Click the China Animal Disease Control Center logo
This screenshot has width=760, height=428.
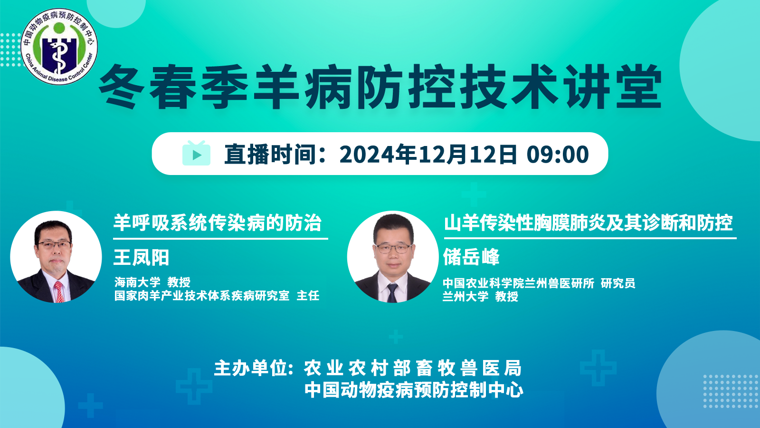(x=59, y=47)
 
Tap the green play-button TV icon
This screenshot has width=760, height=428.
(x=197, y=153)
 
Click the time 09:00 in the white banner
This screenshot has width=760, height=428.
(x=558, y=154)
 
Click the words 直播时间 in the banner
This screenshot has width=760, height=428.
(x=270, y=154)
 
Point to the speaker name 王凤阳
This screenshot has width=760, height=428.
(x=141, y=257)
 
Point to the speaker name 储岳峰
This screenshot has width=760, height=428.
(x=471, y=256)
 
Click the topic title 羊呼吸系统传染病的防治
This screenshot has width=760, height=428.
(x=217, y=223)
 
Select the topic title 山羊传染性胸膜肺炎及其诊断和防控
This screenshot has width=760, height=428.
(x=589, y=223)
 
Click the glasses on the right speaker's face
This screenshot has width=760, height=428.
(x=394, y=249)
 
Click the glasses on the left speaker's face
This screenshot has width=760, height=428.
(x=54, y=245)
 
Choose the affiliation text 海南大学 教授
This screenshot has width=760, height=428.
(x=152, y=282)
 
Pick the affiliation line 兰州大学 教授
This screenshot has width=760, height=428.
(x=480, y=296)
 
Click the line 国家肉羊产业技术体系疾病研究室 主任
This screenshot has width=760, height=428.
(x=217, y=295)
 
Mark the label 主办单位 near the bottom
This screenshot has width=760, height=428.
(x=251, y=368)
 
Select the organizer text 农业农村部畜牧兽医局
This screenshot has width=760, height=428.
(x=413, y=368)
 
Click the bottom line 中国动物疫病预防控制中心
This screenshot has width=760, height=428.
(x=414, y=389)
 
